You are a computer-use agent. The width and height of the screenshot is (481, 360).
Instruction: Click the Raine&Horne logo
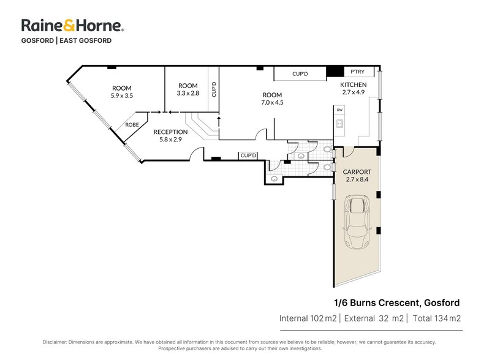point(73,26)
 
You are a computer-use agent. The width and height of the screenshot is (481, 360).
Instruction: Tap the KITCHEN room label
point(353,85)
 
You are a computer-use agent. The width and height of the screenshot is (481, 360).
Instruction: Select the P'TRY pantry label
point(357,72)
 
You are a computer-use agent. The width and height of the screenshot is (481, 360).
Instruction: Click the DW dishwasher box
point(339,110)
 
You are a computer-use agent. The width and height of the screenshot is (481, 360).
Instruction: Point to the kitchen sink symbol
point(339,124)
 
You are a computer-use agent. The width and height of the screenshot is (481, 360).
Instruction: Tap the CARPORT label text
point(357,172)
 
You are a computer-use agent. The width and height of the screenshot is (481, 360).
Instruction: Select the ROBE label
point(132,125)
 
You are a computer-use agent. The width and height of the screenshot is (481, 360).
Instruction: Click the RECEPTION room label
point(170,132)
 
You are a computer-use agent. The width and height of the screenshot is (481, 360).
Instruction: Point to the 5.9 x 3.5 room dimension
point(122,96)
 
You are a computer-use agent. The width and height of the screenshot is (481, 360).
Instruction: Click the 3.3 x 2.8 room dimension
point(188,93)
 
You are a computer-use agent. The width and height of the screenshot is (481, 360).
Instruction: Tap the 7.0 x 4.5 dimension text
point(272,103)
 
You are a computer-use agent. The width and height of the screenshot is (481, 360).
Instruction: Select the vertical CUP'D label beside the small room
point(214,89)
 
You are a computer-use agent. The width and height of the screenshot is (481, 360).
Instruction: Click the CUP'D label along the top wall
point(300,74)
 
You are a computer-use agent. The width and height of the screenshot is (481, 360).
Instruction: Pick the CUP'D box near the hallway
point(248,156)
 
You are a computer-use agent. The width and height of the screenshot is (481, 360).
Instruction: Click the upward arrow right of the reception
point(219,121)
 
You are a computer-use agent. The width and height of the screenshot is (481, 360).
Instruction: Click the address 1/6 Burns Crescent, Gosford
point(396,303)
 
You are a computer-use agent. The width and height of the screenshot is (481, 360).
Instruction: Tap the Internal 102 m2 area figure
point(308,318)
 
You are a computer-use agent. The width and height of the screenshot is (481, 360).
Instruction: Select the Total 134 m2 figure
point(436,318)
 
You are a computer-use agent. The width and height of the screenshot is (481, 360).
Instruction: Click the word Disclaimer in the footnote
point(55,342)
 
